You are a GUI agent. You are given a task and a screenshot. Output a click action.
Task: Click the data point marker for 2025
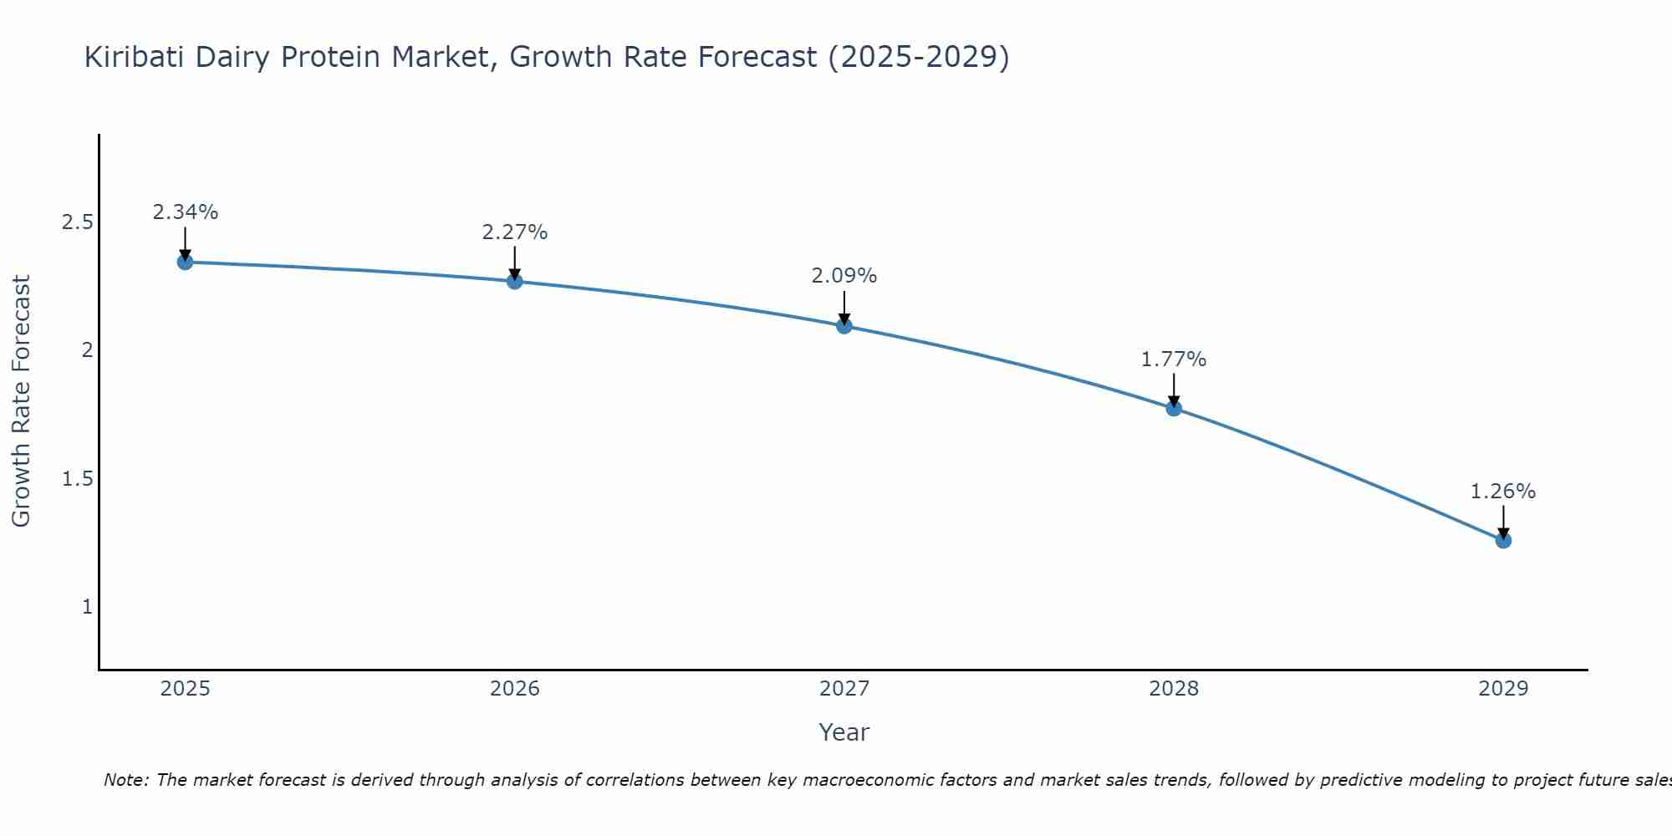(185, 262)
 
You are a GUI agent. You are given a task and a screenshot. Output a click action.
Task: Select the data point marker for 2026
(515, 281)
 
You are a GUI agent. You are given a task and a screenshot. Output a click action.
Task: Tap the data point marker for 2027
(844, 326)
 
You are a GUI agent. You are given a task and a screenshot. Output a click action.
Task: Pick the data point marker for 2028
(1174, 408)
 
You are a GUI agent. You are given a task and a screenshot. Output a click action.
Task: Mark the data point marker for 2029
(1503, 540)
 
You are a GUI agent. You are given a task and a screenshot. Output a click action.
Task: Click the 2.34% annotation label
(185, 212)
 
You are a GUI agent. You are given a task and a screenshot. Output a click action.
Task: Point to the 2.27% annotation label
(515, 232)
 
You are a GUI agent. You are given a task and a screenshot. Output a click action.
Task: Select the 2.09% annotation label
(844, 276)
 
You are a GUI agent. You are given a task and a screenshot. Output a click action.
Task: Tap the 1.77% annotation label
(1174, 359)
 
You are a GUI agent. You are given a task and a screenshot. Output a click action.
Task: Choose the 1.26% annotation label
(1503, 492)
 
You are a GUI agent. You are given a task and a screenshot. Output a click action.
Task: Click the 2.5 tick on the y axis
(77, 222)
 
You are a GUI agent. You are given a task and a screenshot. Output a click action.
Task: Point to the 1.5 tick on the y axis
(77, 479)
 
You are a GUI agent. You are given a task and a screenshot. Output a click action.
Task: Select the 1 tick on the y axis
(87, 607)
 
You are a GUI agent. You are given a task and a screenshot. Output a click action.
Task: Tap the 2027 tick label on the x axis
(844, 689)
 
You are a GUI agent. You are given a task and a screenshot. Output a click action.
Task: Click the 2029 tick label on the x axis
(1503, 689)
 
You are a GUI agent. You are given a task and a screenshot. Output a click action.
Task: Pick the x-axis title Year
(844, 732)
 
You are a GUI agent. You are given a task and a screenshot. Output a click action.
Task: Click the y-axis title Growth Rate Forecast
(22, 401)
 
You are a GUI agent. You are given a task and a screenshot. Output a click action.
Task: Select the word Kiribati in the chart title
(135, 57)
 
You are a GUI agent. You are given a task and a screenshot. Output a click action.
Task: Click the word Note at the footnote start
(125, 780)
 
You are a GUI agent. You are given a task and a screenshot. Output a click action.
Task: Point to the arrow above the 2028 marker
(1174, 390)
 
